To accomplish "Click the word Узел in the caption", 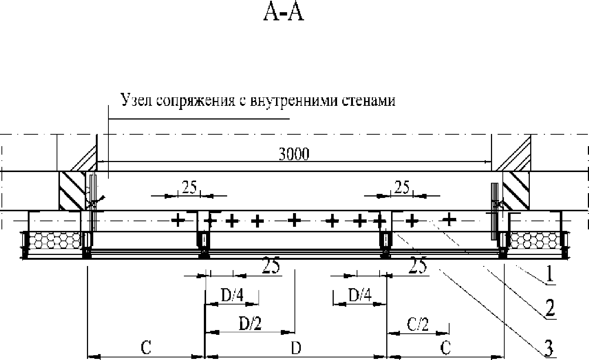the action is point(136,100).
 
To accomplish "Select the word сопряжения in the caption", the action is point(196,101).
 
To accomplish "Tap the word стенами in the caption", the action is point(368,101).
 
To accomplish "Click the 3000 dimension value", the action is point(294,154).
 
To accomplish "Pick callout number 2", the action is point(550,308).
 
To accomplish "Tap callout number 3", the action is point(548,348).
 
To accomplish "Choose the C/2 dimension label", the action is point(418,324).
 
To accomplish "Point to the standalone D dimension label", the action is point(296,348).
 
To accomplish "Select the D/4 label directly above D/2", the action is point(232,295).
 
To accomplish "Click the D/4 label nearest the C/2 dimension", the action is point(360,295).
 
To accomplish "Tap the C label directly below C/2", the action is point(445,348).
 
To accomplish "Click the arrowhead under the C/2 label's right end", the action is point(442,333).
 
